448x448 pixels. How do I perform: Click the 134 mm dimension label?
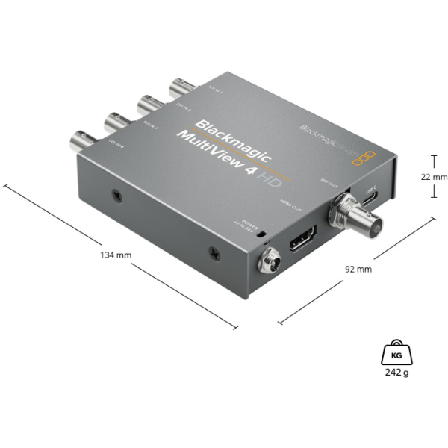pyautogui.click(x=115, y=255)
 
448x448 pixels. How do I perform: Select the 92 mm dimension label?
pyautogui.click(x=358, y=268)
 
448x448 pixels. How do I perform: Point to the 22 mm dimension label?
pyautogui.click(x=434, y=177)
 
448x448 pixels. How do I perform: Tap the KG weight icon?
pyautogui.click(x=396, y=353)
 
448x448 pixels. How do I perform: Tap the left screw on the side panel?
pyautogui.click(x=117, y=196)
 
